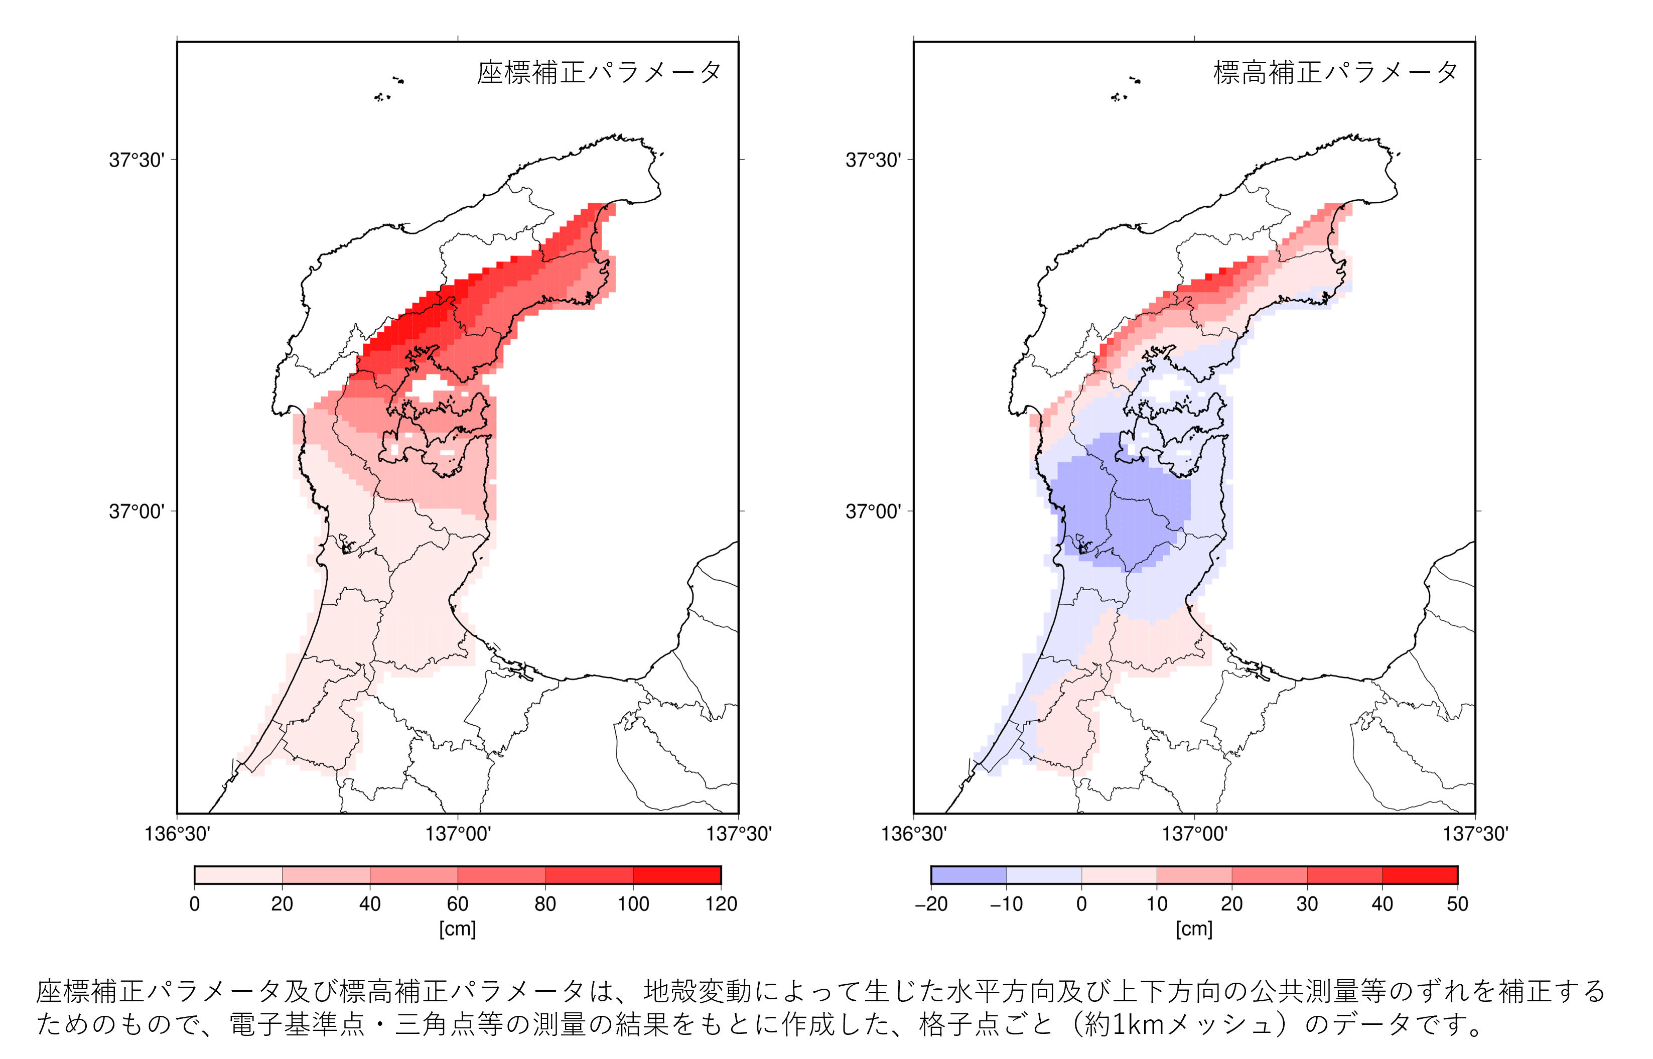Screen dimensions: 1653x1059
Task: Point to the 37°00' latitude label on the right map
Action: (x=873, y=511)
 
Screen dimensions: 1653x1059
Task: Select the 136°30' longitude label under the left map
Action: (x=178, y=834)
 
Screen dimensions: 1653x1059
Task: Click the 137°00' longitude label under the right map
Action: (x=1194, y=834)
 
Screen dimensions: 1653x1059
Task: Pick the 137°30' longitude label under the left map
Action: (x=739, y=834)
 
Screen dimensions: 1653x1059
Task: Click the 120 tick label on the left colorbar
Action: (x=721, y=903)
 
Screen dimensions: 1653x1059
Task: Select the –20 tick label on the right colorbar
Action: (x=931, y=903)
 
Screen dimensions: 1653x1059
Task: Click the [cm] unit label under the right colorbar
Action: (x=1194, y=929)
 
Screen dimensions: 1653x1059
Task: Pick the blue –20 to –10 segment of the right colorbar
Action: (x=969, y=875)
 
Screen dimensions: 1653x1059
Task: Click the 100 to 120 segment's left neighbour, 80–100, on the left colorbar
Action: (x=589, y=875)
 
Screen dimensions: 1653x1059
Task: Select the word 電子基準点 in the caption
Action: (x=297, y=1024)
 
